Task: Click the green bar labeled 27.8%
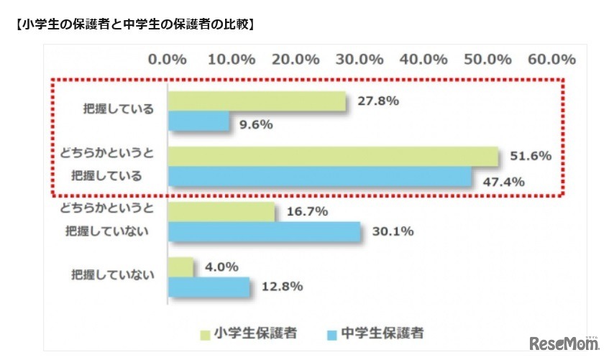[x=257, y=102]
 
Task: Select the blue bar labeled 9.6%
[x=198, y=123]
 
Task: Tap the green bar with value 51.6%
[x=333, y=157]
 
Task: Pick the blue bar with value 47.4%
[x=319, y=177]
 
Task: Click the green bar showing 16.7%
[x=221, y=211]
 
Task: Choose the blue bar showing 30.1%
[x=264, y=231]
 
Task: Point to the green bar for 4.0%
[x=181, y=267]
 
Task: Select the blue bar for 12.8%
[x=209, y=287]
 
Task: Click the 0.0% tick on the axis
[x=167, y=59]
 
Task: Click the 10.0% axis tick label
[x=231, y=59]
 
